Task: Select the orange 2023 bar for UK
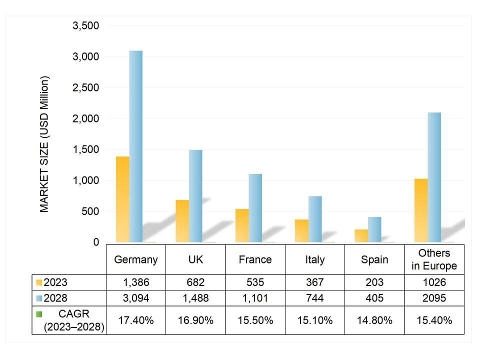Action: tap(182, 221)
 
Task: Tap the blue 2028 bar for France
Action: tap(255, 208)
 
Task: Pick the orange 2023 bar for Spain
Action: tap(361, 235)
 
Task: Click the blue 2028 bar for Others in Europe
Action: tap(434, 177)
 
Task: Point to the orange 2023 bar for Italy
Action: tap(301, 230)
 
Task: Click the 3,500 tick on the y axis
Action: tap(86, 25)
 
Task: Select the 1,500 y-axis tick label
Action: tap(86, 149)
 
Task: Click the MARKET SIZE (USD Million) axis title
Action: tap(45, 144)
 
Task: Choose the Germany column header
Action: tap(136, 259)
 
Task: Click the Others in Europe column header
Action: tap(434, 259)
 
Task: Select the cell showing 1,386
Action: tap(136, 282)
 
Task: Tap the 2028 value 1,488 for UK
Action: tap(195, 298)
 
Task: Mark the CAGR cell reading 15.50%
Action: tap(255, 320)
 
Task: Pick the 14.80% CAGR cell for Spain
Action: tap(374, 320)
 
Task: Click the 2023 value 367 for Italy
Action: tap(315, 282)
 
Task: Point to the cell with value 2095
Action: tap(434, 298)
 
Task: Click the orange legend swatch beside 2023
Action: tap(39, 282)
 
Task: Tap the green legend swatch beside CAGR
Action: tap(39, 314)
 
